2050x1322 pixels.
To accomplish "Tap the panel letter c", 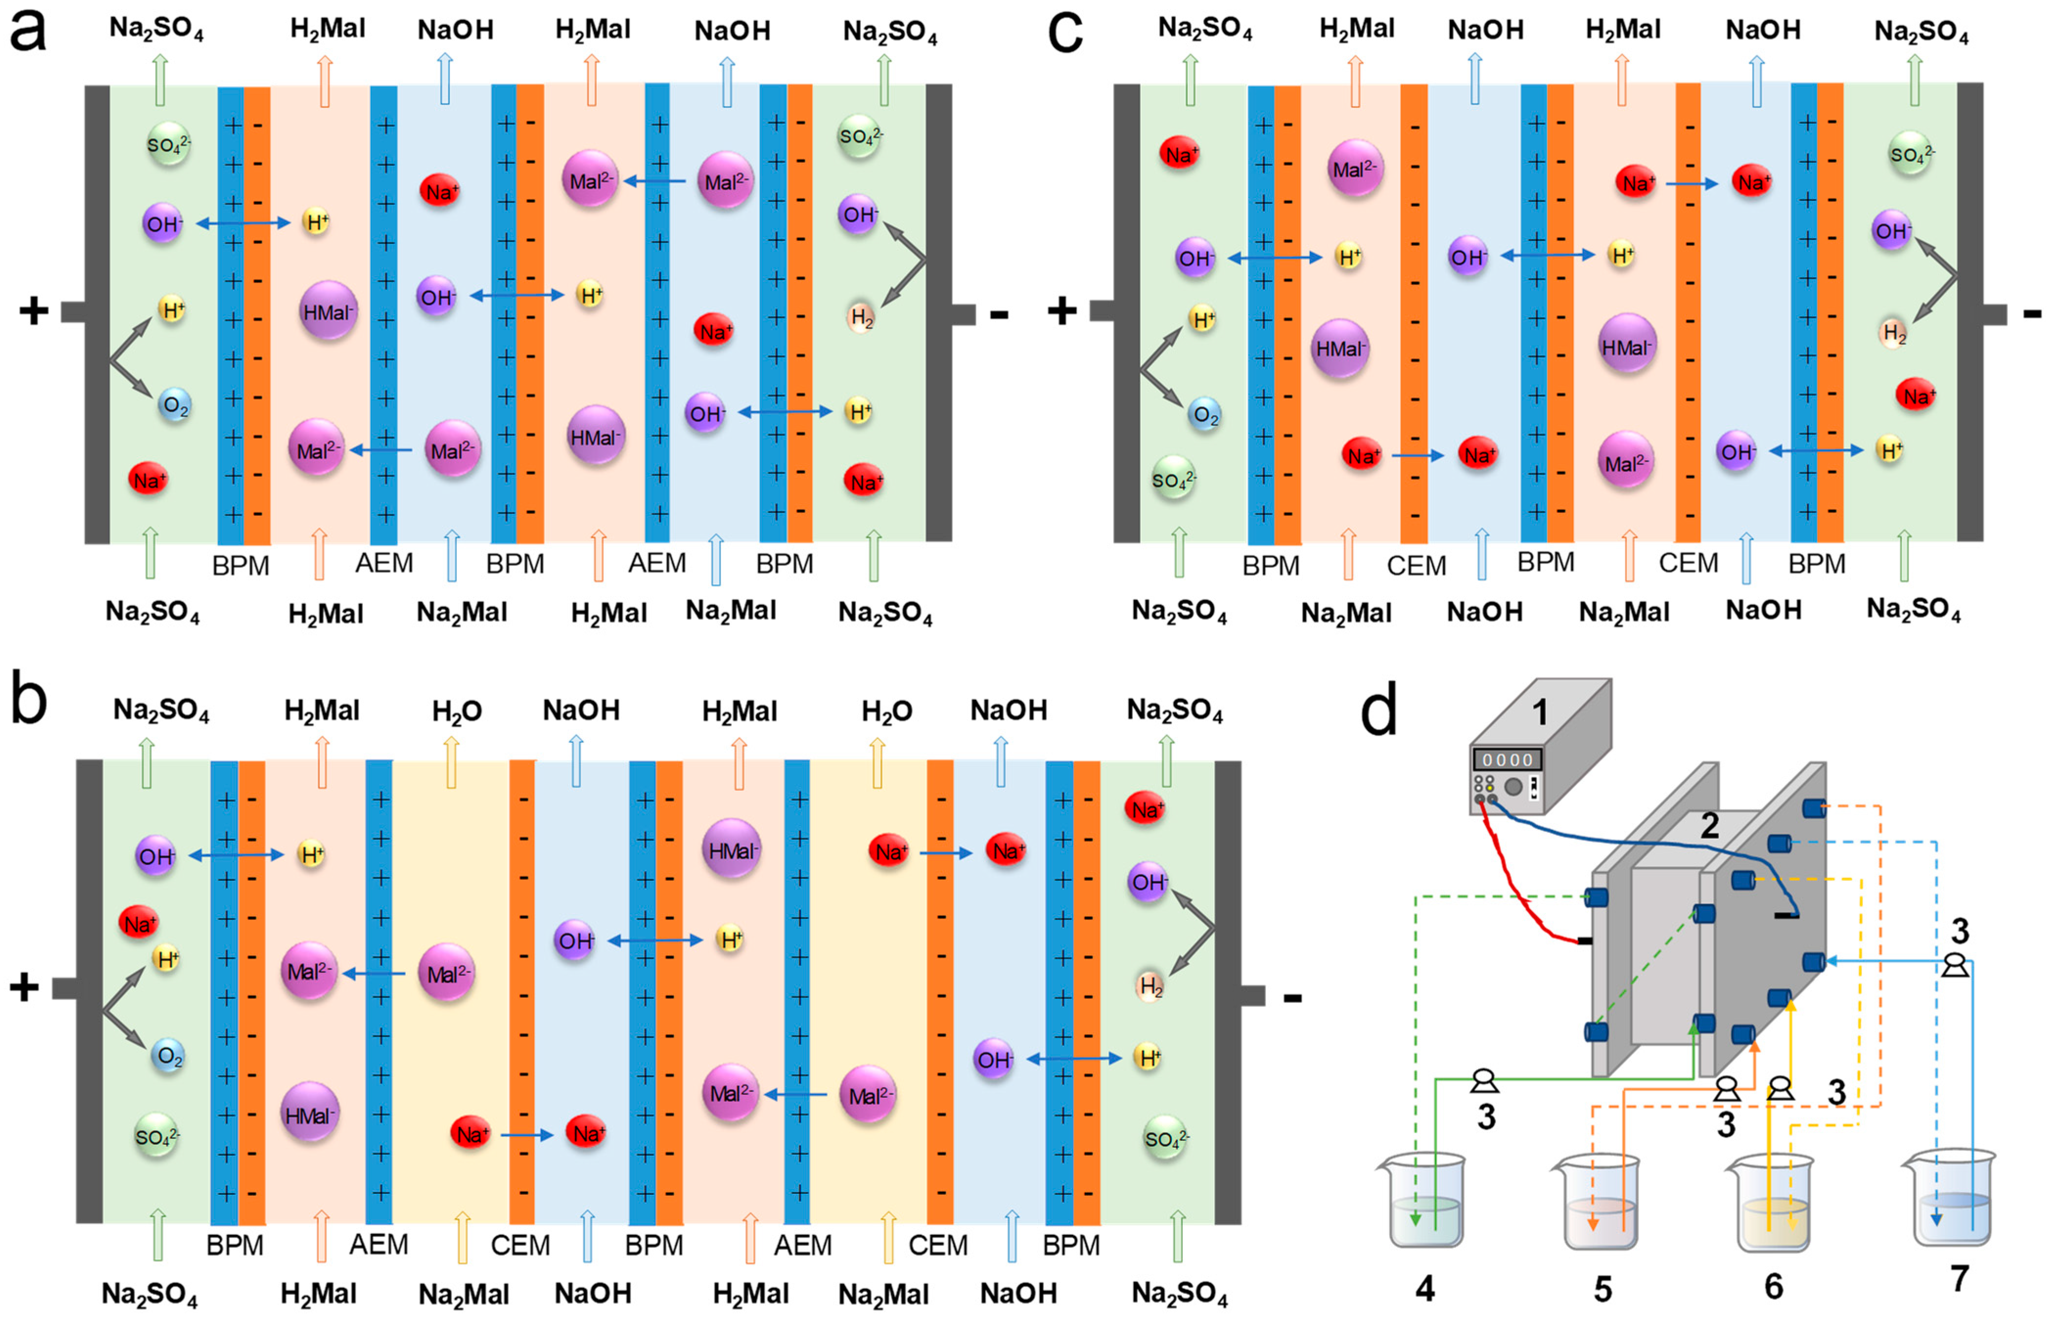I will pyautogui.click(x=1066, y=36).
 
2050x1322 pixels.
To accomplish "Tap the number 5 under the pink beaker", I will pyautogui.click(x=1602, y=1288).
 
